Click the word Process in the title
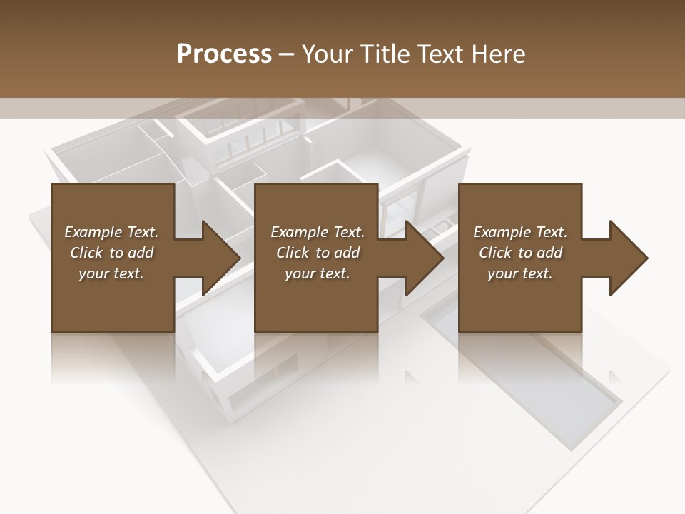tap(224, 54)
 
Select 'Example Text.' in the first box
tap(111, 232)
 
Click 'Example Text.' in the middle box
tap(318, 232)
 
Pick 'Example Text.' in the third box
tap(520, 232)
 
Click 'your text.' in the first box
tap(111, 273)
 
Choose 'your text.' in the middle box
tap(318, 273)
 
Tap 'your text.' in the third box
tap(520, 273)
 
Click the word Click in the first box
tap(86, 253)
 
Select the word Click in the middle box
tap(293, 253)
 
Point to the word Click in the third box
tap(495, 253)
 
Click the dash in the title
tap(287, 54)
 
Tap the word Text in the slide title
tap(437, 54)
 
